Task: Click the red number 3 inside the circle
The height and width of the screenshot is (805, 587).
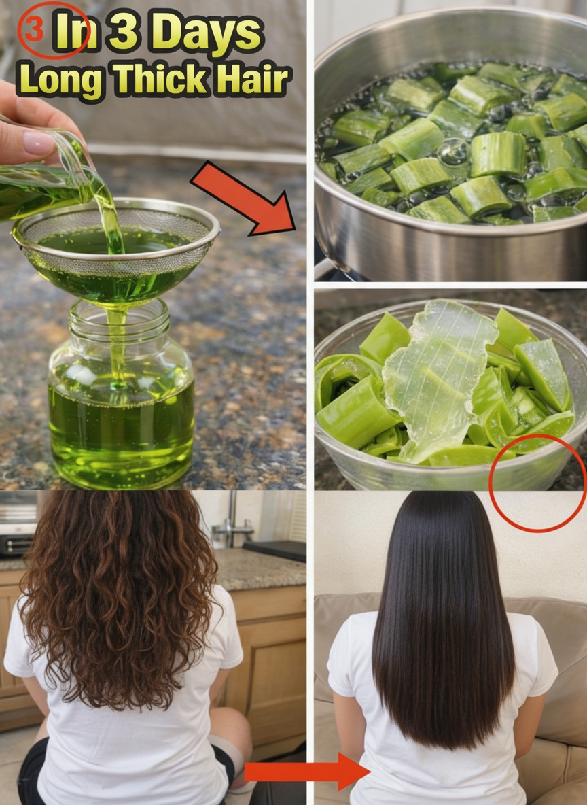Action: (33, 29)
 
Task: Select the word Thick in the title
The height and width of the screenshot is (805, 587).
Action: (162, 79)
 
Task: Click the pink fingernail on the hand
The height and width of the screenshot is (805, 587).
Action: (39, 143)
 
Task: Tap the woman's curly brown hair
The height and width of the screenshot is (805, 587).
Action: (118, 596)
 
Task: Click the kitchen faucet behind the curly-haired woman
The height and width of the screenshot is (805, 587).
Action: (232, 519)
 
